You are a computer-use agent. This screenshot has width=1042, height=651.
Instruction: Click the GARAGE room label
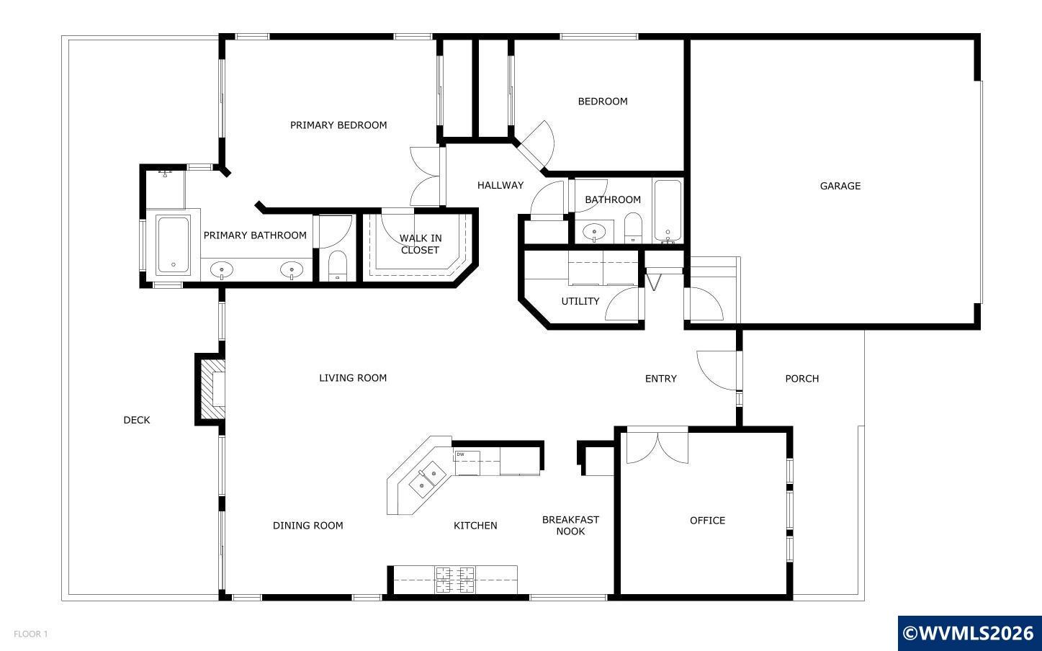[x=840, y=186]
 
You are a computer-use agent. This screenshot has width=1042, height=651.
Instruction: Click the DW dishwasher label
[x=460, y=454]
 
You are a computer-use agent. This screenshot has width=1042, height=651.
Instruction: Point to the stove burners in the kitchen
[x=455, y=580]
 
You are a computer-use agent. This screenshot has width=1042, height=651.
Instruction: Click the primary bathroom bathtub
[x=173, y=245]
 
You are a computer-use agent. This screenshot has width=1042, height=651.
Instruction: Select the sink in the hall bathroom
[x=594, y=232]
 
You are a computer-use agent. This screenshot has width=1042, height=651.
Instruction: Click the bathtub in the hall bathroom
[x=668, y=211]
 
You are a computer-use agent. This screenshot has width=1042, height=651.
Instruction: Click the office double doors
[x=657, y=445]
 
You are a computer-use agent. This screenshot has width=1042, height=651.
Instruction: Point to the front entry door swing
[x=717, y=369]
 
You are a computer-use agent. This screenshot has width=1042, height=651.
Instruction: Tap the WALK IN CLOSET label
[x=420, y=244]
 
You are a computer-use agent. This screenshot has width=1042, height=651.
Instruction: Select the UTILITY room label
[x=580, y=301]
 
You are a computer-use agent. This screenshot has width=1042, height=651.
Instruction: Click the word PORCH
[x=801, y=379]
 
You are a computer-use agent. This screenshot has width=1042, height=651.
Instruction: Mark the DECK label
[x=136, y=420]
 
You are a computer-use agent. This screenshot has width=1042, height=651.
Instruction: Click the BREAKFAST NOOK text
[x=570, y=525]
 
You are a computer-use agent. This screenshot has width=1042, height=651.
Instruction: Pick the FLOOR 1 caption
[x=30, y=634]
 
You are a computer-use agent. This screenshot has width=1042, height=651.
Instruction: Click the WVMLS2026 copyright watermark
[x=969, y=634]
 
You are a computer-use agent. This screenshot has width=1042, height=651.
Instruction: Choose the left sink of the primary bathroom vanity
[x=222, y=270]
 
